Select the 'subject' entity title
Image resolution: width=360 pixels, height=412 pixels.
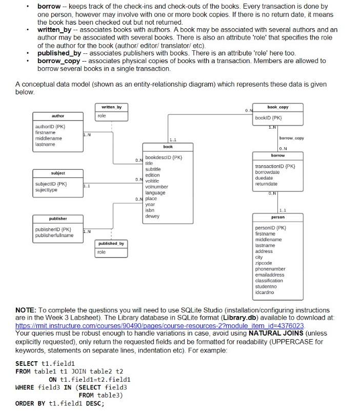coord(57,173)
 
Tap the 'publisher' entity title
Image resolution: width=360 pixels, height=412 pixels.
coord(57,219)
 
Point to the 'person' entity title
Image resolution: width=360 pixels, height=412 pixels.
coord(277,217)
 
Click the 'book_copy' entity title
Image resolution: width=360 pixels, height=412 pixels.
coord(277,107)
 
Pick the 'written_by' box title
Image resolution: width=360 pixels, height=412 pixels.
coord(112,107)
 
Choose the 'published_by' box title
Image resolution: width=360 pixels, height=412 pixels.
coord(112,243)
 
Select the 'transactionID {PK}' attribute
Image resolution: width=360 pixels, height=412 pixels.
coord(275,166)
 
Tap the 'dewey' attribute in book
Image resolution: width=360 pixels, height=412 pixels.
coord(152,216)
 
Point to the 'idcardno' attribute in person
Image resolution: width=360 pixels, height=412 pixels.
coord(265,292)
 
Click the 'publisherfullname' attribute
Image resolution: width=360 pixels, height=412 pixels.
coord(54,236)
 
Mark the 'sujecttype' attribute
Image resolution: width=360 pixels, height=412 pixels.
coord(46,190)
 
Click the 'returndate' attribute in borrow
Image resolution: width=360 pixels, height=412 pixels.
coord(266,184)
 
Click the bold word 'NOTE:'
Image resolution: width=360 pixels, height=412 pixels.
coord(25,310)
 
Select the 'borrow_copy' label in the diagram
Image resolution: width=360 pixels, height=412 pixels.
coord(291,139)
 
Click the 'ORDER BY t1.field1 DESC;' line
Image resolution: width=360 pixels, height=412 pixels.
coord(59,403)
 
